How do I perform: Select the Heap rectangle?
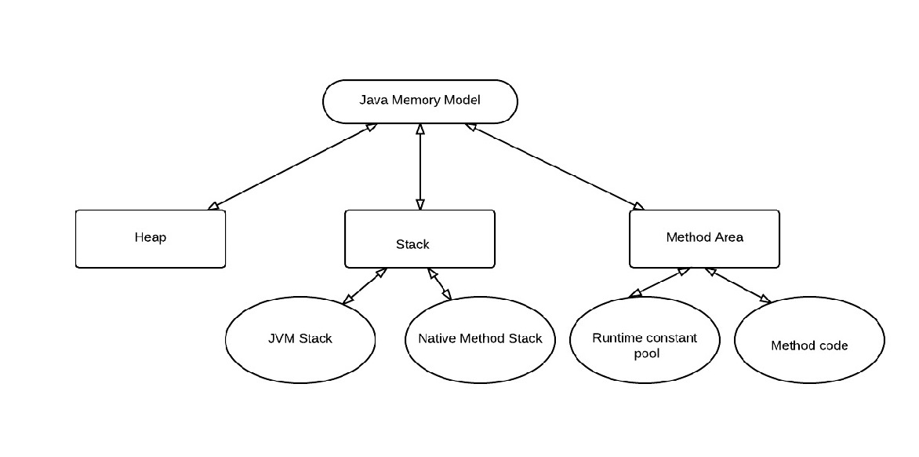150,239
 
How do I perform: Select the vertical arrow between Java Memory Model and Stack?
420,166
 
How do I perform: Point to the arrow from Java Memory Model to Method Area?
554,166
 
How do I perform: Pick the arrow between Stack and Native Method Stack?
440,284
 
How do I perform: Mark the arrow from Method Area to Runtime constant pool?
659,283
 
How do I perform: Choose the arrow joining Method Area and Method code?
738,285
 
